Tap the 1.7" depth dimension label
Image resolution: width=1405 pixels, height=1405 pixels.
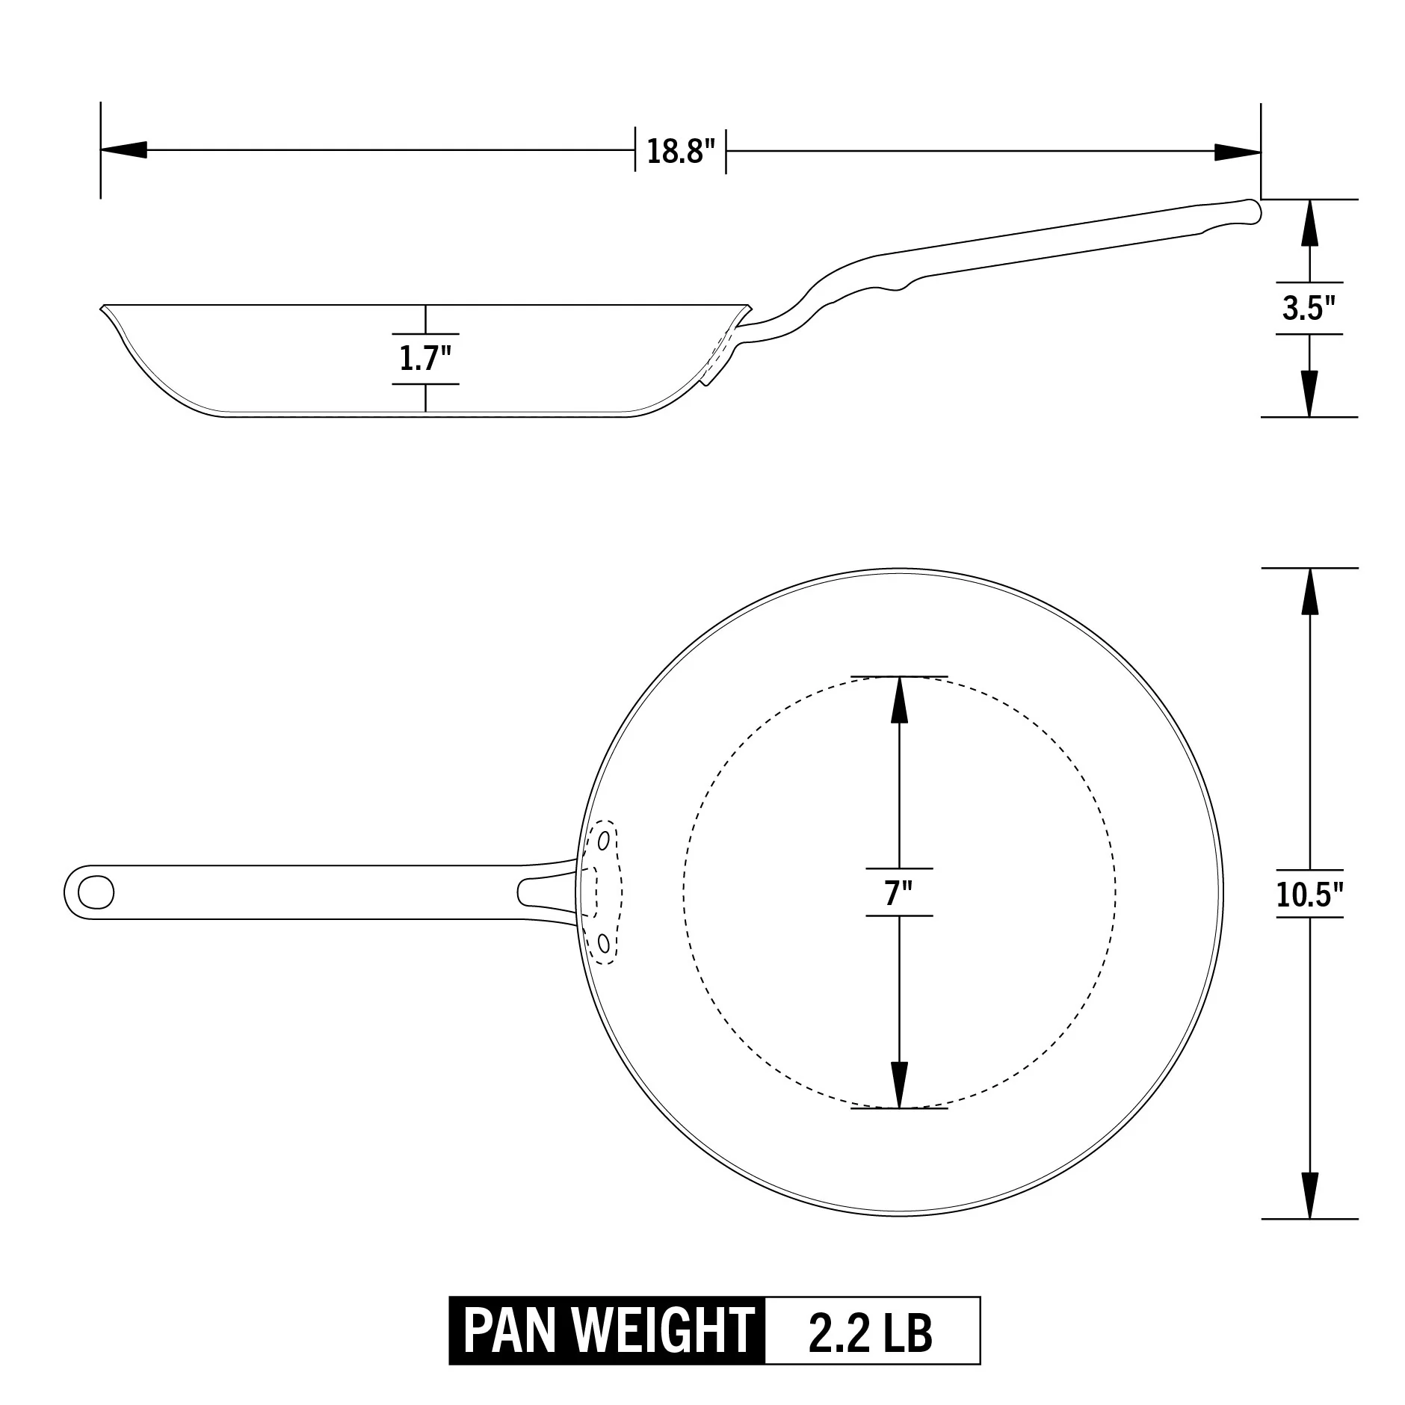[x=425, y=359]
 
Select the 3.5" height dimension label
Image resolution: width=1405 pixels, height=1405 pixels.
[x=1309, y=308]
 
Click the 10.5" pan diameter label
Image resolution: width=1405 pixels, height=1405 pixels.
[x=1309, y=894]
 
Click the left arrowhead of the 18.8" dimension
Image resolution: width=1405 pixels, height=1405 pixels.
[x=123, y=151]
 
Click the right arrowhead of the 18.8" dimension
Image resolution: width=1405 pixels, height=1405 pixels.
[x=1238, y=152]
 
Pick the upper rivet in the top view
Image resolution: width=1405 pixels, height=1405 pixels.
[x=603, y=841]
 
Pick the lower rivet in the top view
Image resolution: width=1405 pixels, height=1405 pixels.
[x=603, y=944]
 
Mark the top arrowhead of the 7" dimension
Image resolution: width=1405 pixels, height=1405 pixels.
[x=899, y=699]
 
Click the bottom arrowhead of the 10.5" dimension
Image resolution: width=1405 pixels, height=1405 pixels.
[x=1309, y=1196]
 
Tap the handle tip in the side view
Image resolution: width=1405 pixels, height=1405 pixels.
[x=1256, y=210]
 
